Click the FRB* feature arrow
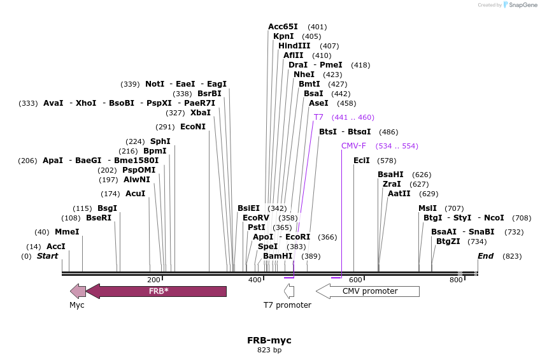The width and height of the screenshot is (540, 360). (x=156, y=291)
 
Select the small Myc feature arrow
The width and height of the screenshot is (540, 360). (x=78, y=291)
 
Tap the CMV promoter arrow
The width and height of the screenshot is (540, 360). (x=367, y=291)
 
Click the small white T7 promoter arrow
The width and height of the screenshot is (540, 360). (x=289, y=291)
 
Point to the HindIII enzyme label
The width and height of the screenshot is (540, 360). (x=294, y=46)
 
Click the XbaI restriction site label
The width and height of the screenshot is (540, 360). (x=200, y=113)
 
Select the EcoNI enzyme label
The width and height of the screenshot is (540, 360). (x=193, y=127)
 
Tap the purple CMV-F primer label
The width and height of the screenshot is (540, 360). (x=353, y=146)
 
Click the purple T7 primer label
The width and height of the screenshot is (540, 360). (x=318, y=117)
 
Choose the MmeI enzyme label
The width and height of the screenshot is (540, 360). (x=67, y=232)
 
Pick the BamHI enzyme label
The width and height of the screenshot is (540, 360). (x=277, y=256)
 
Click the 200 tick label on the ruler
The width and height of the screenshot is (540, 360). (x=153, y=280)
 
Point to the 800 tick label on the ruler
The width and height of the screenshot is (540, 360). (x=456, y=280)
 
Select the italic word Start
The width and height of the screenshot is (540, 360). (x=47, y=256)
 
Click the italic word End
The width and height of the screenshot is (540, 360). (x=485, y=256)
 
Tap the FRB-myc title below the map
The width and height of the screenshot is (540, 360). (x=269, y=340)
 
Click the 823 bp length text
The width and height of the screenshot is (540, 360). (x=269, y=350)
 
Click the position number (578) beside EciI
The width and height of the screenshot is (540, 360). (x=387, y=161)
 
